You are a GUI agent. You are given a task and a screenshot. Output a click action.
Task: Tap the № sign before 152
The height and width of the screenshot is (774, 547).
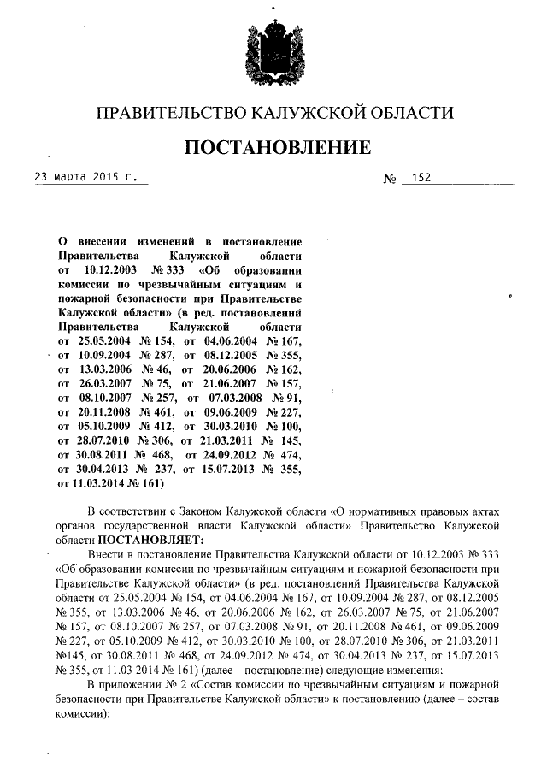[x=390, y=179]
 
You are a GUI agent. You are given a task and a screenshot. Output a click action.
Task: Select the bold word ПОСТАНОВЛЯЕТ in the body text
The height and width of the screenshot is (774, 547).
[x=152, y=540]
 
